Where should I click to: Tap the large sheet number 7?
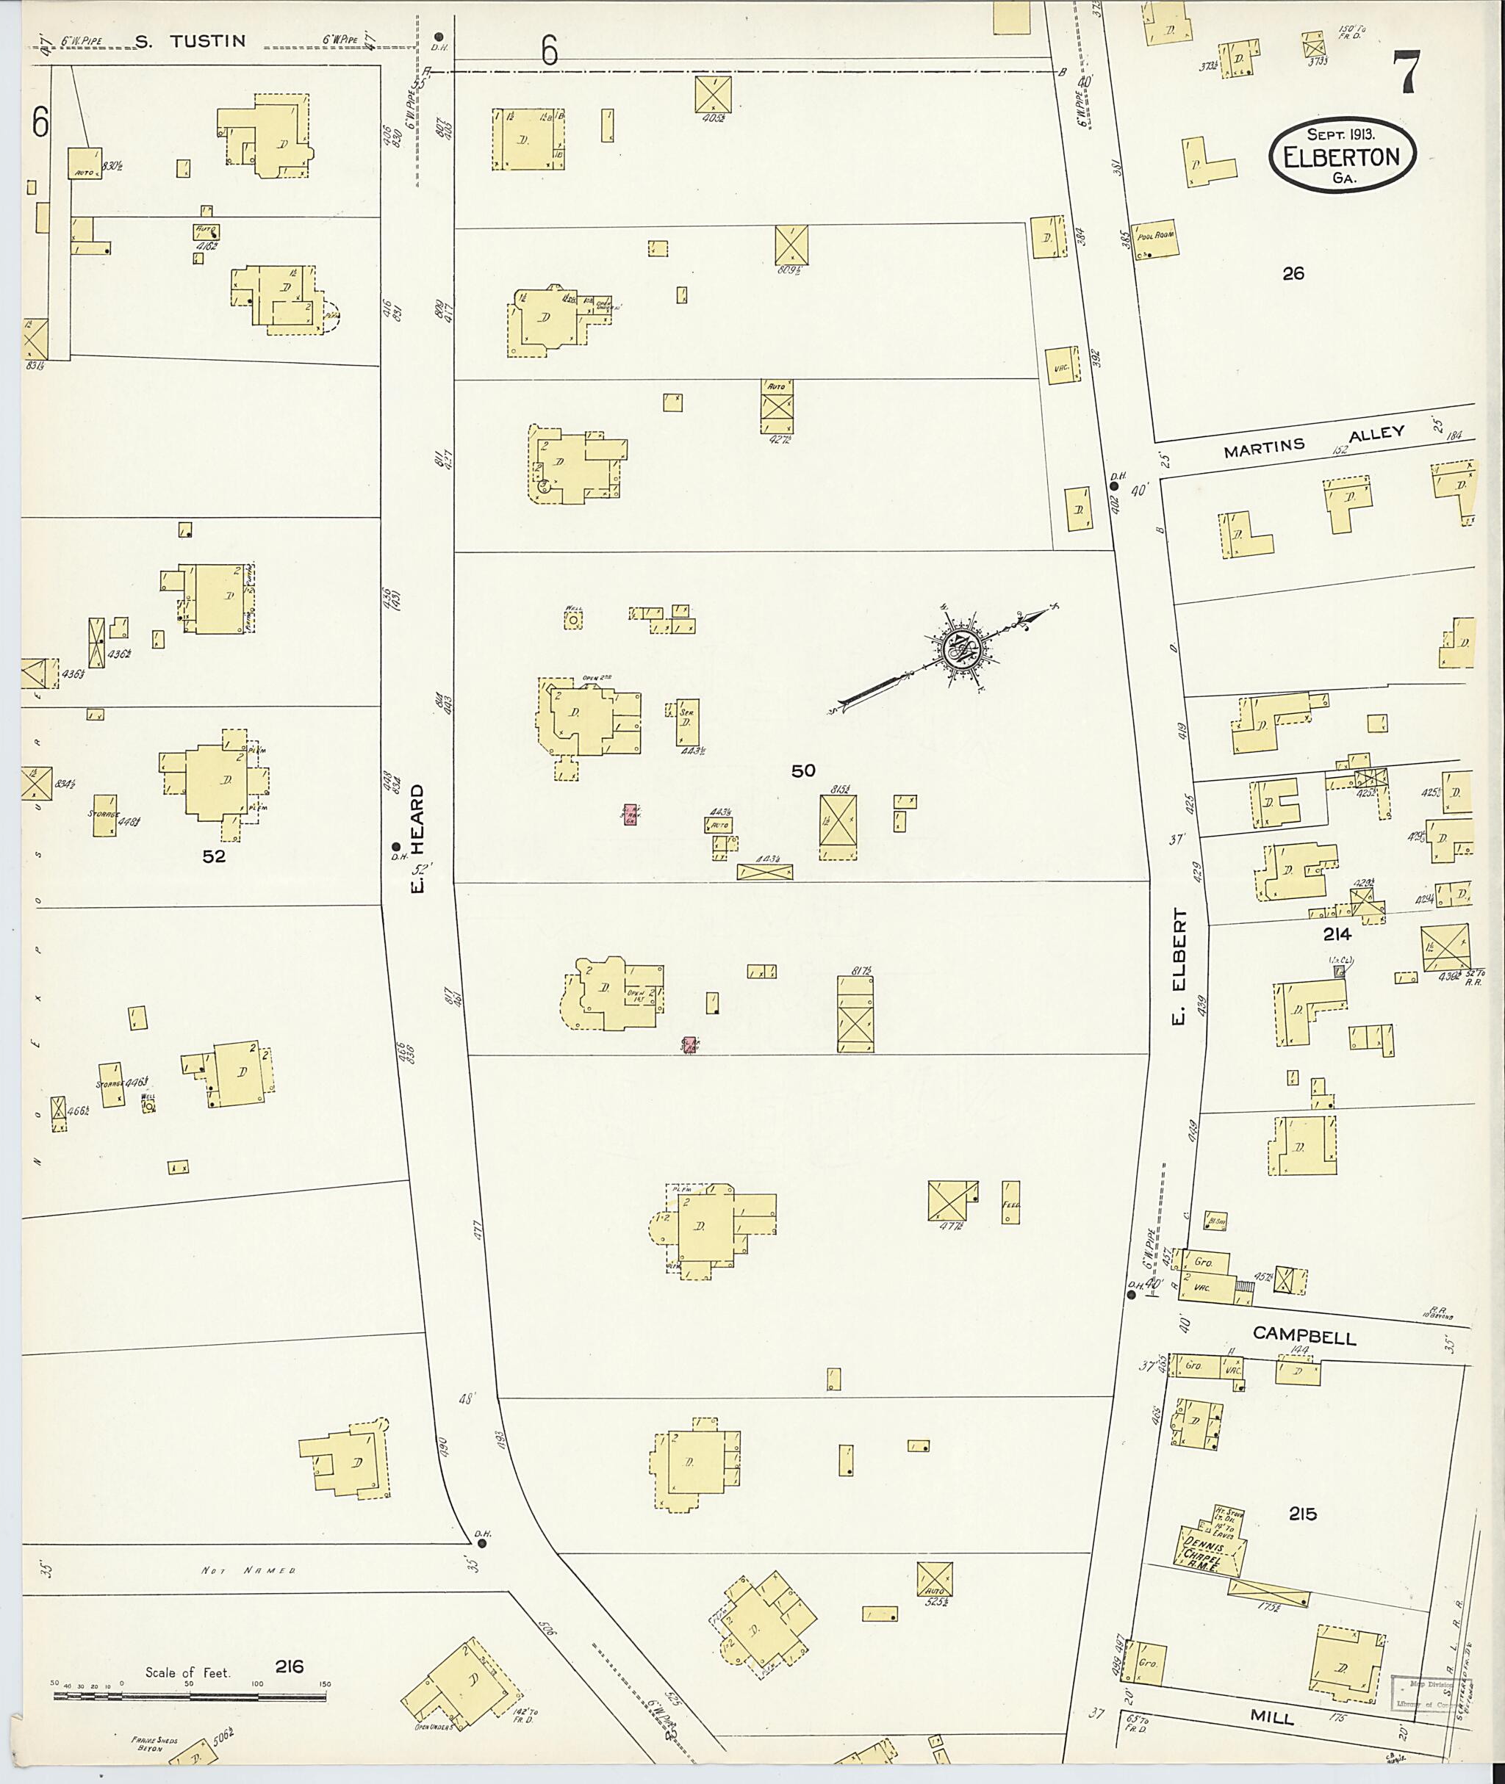coord(1406,73)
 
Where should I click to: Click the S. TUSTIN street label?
coord(191,41)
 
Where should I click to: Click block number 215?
coord(1302,1514)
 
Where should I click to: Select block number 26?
coord(1293,274)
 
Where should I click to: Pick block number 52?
coord(213,857)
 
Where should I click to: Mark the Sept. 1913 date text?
coord(1340,134)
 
